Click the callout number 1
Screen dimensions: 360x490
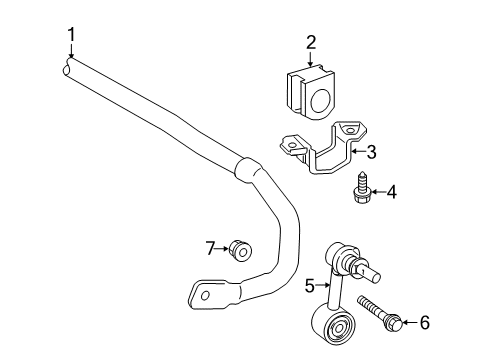(71, 37)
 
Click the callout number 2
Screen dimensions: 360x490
(311, 42)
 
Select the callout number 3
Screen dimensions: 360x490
(372, 153)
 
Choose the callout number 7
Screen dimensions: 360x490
(211, 248)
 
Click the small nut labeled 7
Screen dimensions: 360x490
(241, 249)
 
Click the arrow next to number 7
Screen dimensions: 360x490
(226, 248)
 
